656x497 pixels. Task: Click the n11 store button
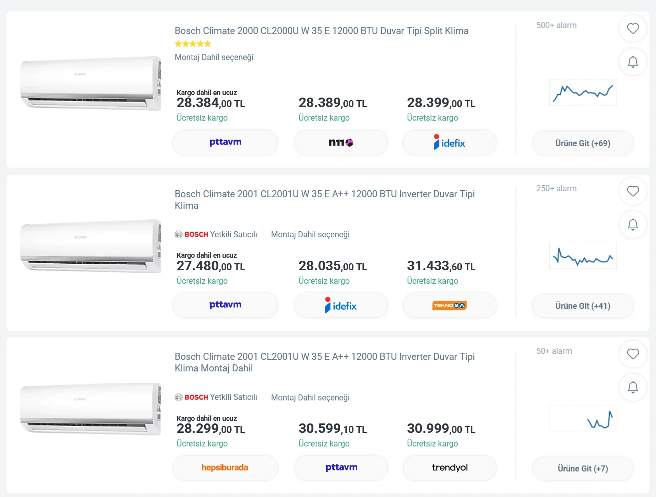pyautogui.click(x=341, y=143)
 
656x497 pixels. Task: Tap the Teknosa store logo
pyautogui.click(x=449, y=305)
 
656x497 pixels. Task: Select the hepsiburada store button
pyautogui.click(x=225, y=467)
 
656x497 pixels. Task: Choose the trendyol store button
pyautogui.click(x=449, y=467)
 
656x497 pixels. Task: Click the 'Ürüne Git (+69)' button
pyautogui.click(x=583, y=143)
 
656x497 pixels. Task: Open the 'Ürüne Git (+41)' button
pyautogui.click(x=583, y=306)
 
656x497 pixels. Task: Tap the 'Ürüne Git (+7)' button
pyautogui.click(x=583, y=468)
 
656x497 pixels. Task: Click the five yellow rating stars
pyautogui.click(x=193, y=44)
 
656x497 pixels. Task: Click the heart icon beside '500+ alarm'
pyautogui.click(x=632, y=29)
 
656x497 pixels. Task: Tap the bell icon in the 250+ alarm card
pyautogui.click(x=632, y=224)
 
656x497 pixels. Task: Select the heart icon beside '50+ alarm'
pyautogui.click(x=632, y=354)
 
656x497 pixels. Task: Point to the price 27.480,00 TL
pyautogui.click(x=211, y=266)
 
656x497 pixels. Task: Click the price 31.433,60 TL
pyautogui.click(x=441, y=266)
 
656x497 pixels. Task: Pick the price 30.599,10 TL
pyautogui.click(x=333, y=428)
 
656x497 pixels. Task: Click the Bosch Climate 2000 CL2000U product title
pyautogui.click(x=322, y=31)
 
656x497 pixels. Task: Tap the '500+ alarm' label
pyautogui.click(x=556, y=26)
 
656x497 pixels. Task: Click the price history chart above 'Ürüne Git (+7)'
pyautogui.click(x=583, y=418)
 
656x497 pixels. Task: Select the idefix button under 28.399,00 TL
pyautogui.click(x=449, y=143)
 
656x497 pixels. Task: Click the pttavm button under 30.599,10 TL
pyautogui.click(x=341, y=467)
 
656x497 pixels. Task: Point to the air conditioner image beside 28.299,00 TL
pyautogui.click(x=90, y=409)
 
